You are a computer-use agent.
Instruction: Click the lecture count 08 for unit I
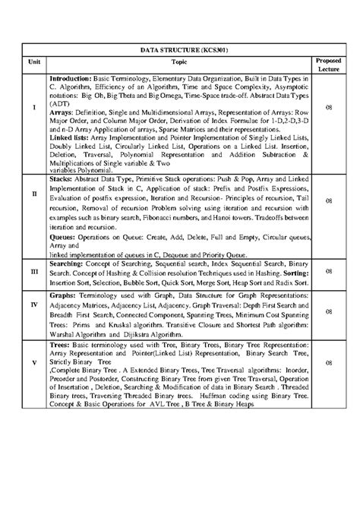[x=329, y=107]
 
